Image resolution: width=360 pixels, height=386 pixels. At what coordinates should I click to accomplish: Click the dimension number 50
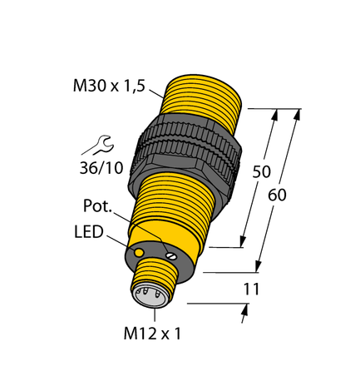(261, 173)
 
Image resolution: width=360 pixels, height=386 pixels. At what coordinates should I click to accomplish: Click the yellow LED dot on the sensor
(138, 250)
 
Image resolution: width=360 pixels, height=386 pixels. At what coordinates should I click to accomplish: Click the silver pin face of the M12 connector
(144, 294)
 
